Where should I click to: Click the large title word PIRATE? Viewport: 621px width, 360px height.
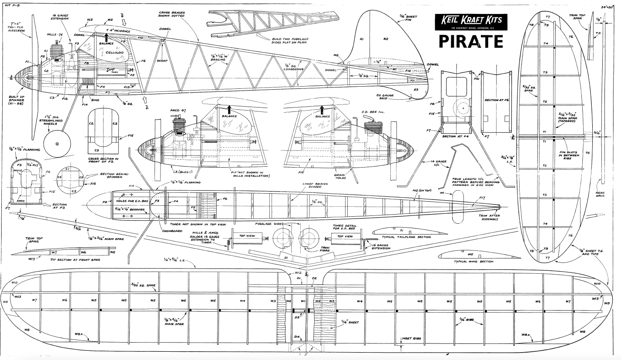(x=470, y=41)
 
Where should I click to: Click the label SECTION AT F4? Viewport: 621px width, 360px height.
(x=455, y=136)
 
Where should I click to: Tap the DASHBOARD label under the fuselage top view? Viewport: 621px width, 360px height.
(x=173, y=231)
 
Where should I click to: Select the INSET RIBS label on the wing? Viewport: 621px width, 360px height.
(x=409, y=339)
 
